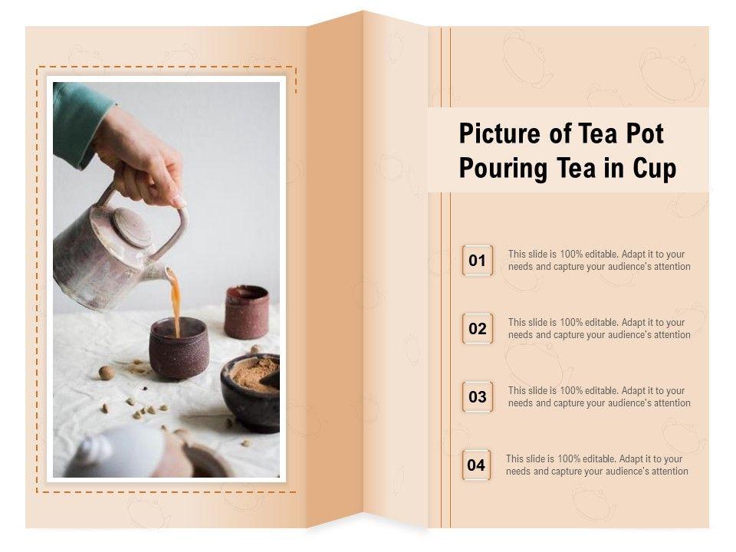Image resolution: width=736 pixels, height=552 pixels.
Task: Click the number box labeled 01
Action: (x=478, y=260)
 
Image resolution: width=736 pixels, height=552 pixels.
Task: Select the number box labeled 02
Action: (x=478, y=328)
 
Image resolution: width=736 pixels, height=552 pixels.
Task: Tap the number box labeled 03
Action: (x=478, y=396)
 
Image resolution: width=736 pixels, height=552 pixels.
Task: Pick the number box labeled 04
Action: (x=476, y=465)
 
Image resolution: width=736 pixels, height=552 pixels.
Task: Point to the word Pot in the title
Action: (x=645, y=133)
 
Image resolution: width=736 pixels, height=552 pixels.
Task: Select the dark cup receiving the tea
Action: (x=179, y=348)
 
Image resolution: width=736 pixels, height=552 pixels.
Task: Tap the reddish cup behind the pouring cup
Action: (x=246, y=312)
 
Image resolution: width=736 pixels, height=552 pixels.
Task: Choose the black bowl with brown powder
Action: (x=250, y=393)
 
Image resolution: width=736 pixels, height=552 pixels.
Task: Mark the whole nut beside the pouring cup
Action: (x=107, y=373)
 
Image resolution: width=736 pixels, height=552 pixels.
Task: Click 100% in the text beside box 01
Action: (x=571, y=254)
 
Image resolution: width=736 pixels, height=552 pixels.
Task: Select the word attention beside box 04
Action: (x=669, y=471)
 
